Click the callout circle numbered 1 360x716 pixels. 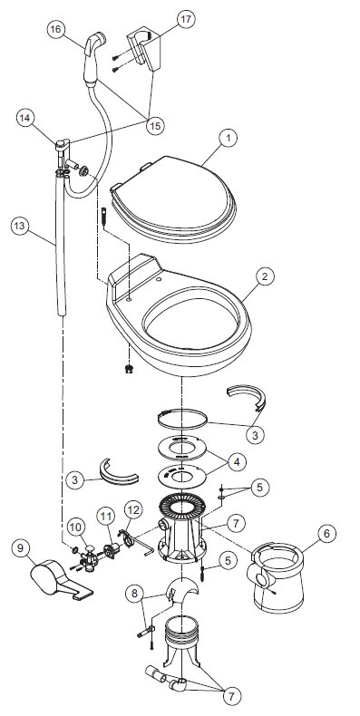click(228, 139)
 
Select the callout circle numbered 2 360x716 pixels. click(265, 276)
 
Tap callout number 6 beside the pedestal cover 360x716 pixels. click(326, 533)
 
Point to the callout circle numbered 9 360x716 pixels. click(21, 548)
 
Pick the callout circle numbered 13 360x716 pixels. click(21, 226)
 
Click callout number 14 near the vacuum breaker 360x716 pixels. click(25, 117)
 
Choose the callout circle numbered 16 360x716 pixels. click(55, 30)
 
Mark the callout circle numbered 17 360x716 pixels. click(186, 19)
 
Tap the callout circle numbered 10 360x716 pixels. click(76, 527)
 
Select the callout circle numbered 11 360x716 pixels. click(106, 517)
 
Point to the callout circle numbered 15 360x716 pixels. click(155, 125)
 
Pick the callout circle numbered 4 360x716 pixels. click(236, 461)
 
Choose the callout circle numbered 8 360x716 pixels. click(134, 594)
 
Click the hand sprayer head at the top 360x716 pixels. click(94, 44)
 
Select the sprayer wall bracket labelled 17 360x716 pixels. click(146, 48)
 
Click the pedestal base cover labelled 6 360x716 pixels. click(276, 576)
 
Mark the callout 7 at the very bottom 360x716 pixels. click(231, 697)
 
